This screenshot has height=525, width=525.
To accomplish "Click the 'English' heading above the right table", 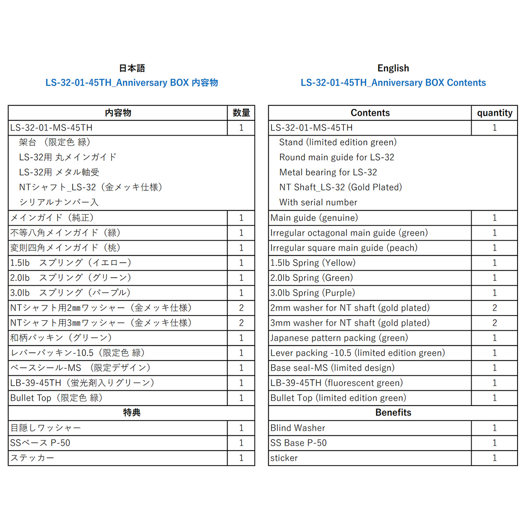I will point(393,68).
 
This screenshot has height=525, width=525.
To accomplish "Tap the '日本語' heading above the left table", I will point(132,68).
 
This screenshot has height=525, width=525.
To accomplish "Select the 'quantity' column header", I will point(494,113).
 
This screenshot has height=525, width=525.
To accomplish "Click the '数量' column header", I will point(241,113).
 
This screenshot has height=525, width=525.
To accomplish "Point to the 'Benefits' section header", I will point(393,413).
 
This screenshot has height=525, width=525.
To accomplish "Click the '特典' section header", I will point(132,413).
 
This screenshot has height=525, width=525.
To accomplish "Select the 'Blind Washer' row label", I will point(297,428).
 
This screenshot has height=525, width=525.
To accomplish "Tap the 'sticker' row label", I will point(284,458).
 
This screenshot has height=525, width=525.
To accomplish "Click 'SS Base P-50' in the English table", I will point(298,443).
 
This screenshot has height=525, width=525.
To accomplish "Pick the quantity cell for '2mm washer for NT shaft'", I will point(494,308).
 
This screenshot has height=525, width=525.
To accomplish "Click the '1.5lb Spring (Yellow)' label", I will point(313,263).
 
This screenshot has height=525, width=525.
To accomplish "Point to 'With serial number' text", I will point(318,203).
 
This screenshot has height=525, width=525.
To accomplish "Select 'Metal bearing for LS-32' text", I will point(328,172).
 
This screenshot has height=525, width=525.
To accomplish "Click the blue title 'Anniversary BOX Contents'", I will point(393,83).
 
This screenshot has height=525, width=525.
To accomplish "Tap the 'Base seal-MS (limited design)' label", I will point(332,368).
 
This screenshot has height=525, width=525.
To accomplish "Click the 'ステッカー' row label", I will point(32,458).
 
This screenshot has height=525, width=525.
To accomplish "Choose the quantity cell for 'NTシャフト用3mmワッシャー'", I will point(241,323).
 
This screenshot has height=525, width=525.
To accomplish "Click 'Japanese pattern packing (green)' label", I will point(339,338).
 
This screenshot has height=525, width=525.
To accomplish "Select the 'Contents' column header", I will point(370,113).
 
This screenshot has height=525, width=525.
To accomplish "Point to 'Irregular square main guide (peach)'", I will point(344,248).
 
